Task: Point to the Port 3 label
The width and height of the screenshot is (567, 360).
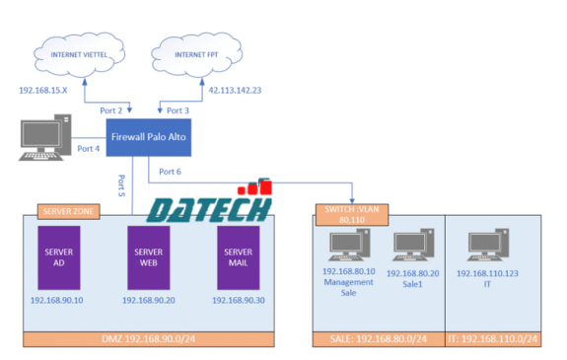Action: pos(178,110)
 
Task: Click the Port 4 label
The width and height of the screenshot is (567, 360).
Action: pos(89,149)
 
